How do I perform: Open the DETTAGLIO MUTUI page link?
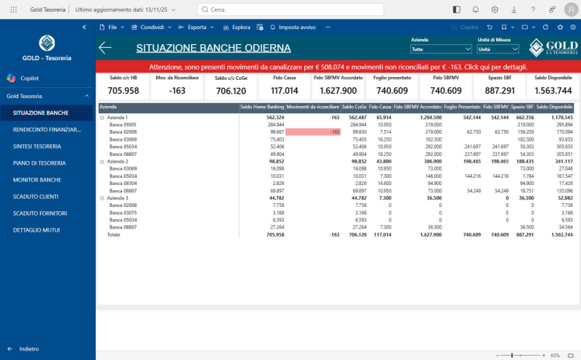[x=37, y=229]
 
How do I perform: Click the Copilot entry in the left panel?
[x=30, y=78]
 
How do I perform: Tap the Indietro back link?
[x=29, y=348]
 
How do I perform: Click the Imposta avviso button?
[x=292, y=27]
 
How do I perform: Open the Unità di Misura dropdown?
[x=497, y=49]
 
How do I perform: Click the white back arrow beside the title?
[x=105, y=48]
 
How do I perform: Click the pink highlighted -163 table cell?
[x=313, y=131]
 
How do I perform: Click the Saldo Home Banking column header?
[x=262, y=107]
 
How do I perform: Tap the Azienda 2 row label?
[x=117, y=161]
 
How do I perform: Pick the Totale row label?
[x=114, y=234]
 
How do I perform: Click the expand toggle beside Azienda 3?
[x=102, y=198]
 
